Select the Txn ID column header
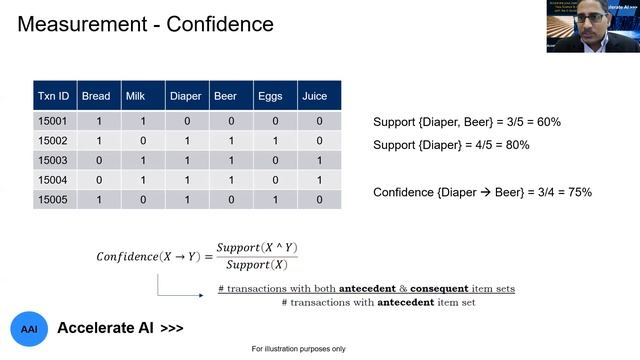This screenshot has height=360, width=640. (x=52, y=97)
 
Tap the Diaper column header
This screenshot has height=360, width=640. (x=185, y=97)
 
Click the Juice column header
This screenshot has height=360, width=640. (x=313, y=97)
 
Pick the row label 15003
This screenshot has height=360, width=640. (x=52, y=160)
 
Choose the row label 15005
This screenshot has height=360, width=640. (x=52, y=199)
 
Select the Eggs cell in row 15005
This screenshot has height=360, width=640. (x=275, y=199)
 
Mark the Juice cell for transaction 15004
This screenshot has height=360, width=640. (x=319, y=180)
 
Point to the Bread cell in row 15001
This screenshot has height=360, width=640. (x=98, y=122)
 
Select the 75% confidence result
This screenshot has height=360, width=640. (x=576, y=191)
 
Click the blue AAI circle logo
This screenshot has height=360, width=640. (x=29, y=328)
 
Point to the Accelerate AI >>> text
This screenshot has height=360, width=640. (x=120, y=328)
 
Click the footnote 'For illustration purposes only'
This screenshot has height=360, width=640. (x=298, y=349)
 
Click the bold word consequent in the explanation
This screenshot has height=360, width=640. (x=480, y=289)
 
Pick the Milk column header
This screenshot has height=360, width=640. (x=136, y=97)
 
